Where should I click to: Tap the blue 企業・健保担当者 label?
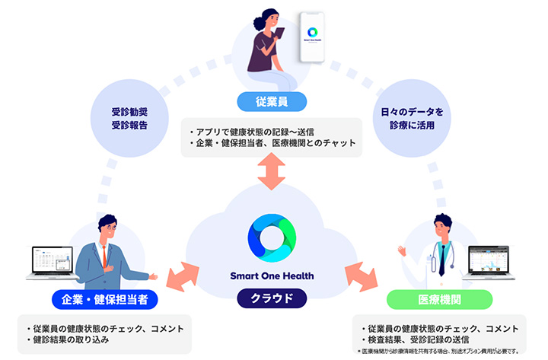coord(104,299)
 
